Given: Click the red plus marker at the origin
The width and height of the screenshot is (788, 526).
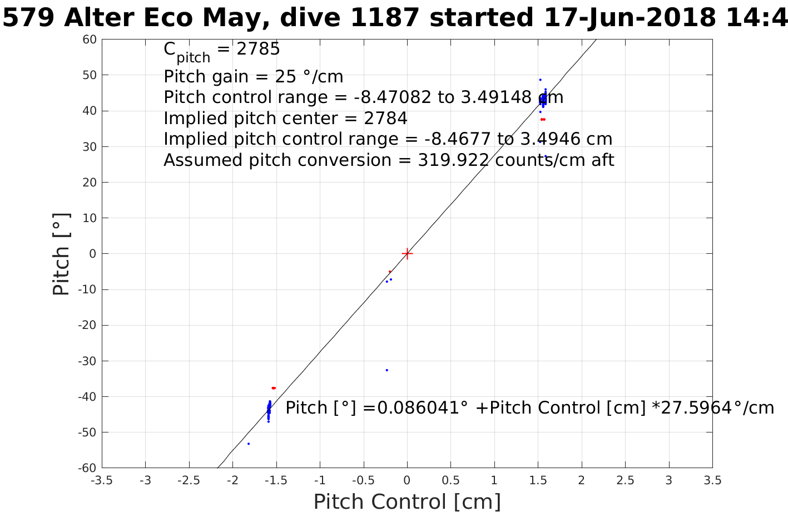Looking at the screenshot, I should pyautogui.click(x=407, y=254).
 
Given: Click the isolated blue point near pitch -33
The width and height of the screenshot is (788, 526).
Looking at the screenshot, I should pyautogui.click(x=386, y=370).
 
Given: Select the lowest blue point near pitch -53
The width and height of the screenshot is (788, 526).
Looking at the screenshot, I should pyautogui.click(x=249, y=444).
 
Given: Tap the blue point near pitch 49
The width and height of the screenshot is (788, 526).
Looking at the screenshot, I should pyautogui.click(x=540, y=80).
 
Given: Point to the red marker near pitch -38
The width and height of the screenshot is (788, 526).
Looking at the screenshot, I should pyautogui.click(x=274, y=388).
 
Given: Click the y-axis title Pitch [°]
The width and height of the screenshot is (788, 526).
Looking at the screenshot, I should pyautogui.click(x=61, y=254).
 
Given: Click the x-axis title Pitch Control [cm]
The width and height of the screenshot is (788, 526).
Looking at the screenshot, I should pyautogui.click(x=407, y=502).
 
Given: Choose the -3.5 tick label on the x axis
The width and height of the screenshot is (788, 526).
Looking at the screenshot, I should pyautogui.click(x=102, y=480).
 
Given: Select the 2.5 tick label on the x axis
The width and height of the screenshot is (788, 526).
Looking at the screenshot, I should pyautogui.click(x=625, y=480).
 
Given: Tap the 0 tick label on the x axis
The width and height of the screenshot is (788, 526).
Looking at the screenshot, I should pyautogui.click(x=407, y=480).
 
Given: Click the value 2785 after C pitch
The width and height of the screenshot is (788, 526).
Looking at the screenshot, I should pyautogui.click(x=258, y=50).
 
